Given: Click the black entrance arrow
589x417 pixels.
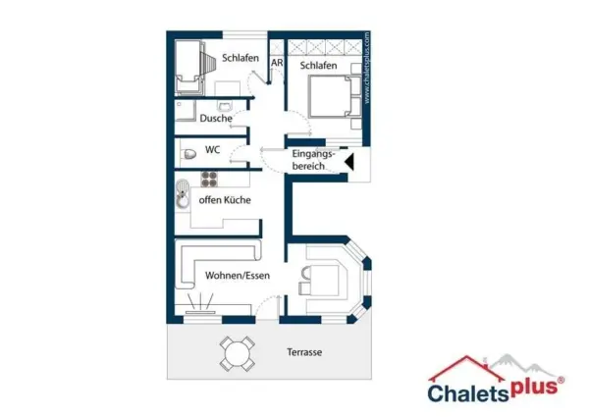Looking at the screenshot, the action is pos(350,162).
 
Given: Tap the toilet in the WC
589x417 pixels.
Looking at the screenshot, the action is pos(189,154).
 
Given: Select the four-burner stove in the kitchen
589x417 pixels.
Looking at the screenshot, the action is pos(209,179).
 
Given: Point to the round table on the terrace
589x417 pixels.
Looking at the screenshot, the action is pos(238,354).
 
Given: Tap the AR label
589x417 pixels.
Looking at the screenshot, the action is pos(277,63).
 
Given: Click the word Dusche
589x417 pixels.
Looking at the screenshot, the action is pos(216,118).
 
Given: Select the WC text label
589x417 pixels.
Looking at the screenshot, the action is pos(212,150).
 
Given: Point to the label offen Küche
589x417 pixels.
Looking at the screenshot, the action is pos(225,200).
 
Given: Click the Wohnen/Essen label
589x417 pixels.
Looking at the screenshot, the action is pos(238,276).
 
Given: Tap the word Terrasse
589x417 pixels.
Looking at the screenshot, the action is pos(304,352).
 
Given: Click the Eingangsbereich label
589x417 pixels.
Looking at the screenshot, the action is pos(312,160).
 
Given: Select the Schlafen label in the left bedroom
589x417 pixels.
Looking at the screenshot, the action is pos(241,58).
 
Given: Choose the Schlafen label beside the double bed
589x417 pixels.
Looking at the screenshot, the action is pos(318,66).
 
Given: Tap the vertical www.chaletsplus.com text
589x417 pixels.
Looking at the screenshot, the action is pos(367,68).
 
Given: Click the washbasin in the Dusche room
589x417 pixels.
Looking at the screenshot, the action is pos(225,106).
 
